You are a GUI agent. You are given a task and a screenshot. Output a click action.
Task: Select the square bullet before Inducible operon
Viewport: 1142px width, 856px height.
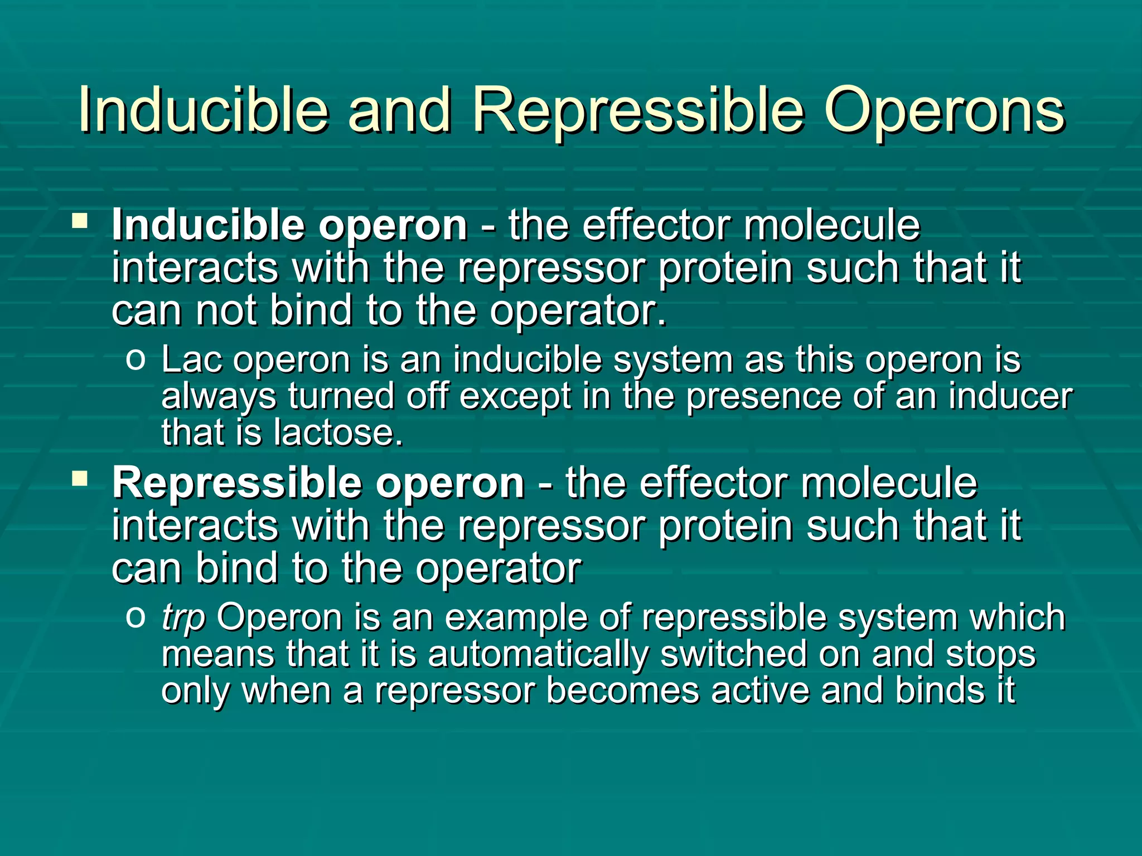click(80, 222)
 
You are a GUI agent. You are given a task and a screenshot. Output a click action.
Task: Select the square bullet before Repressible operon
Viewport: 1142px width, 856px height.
click(80, 479)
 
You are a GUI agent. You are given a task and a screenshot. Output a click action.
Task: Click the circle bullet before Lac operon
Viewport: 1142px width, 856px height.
click(136, 359)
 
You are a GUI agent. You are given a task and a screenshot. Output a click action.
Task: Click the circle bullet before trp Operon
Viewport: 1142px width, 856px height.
click(136, 617)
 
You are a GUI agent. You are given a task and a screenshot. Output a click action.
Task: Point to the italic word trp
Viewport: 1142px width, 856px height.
click(183, 619)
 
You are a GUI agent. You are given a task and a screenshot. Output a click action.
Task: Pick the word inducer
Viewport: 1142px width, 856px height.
click(1010, 396)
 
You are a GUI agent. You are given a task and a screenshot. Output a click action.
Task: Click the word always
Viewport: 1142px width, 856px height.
click(219, 397)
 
